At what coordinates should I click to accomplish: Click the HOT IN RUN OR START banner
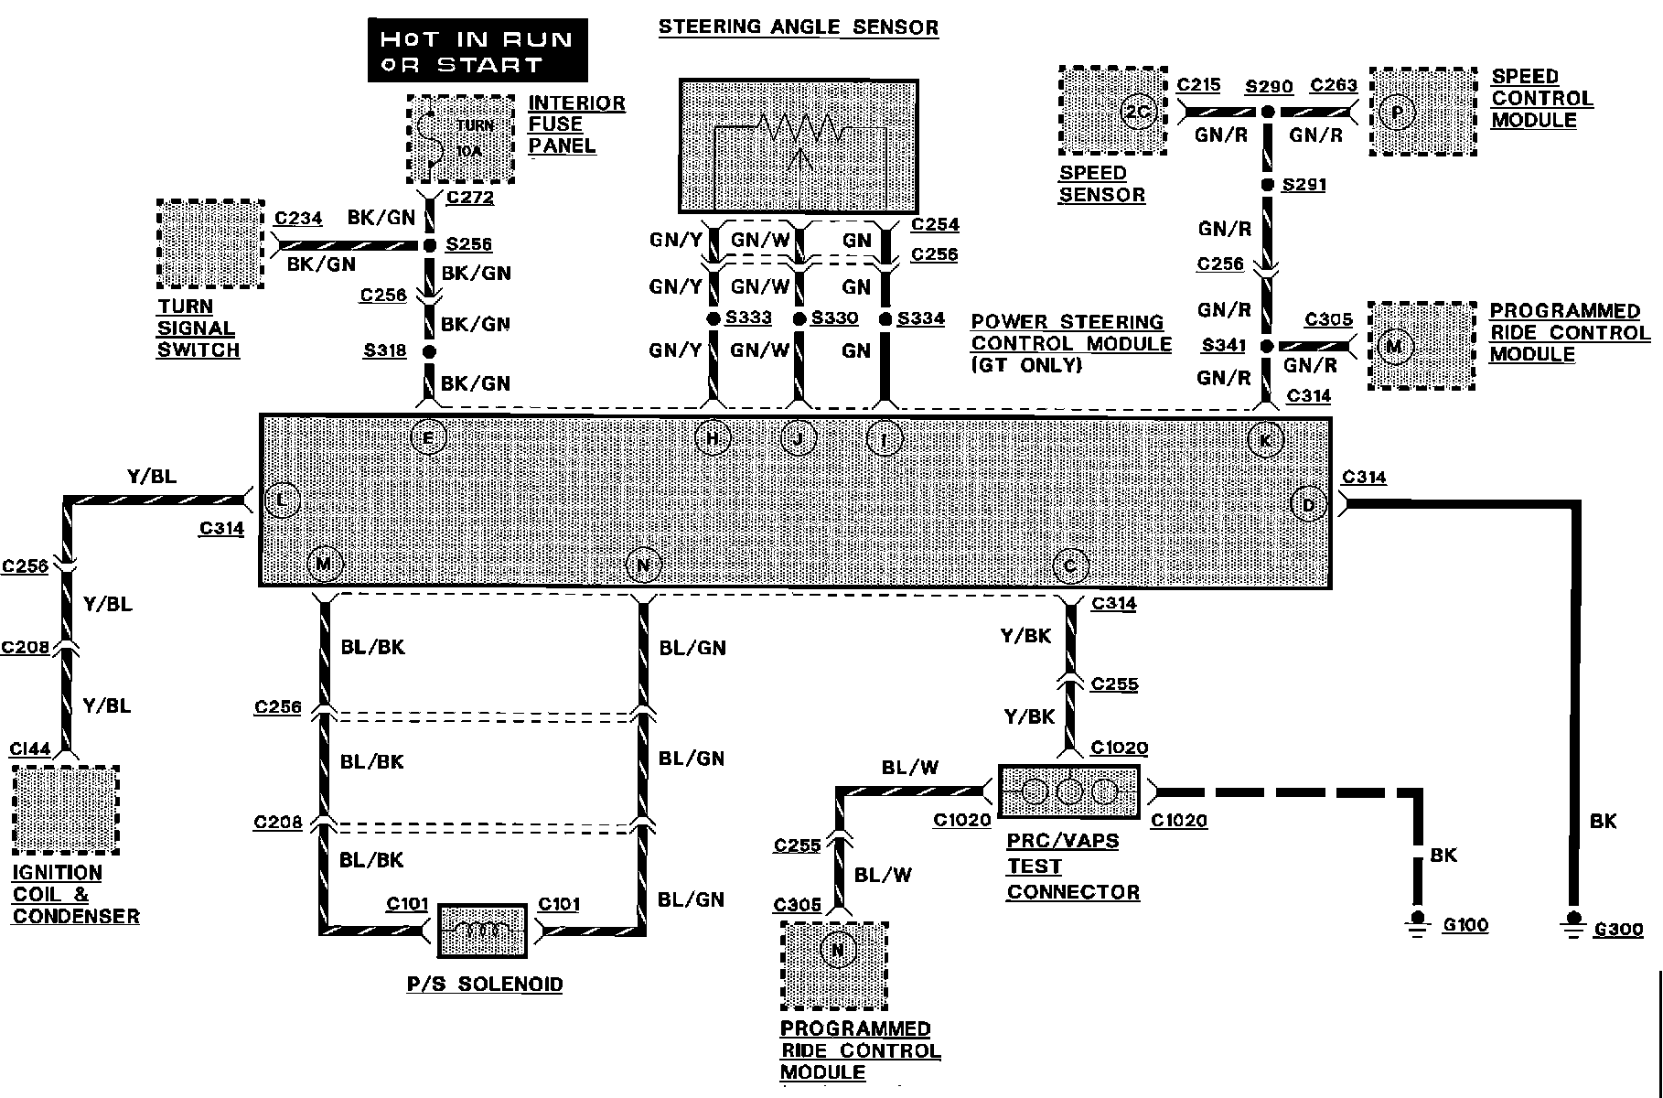[x=477, y=51]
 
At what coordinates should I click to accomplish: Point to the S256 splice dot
[x=428, y=245]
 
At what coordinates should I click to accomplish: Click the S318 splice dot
[x=428, y=351]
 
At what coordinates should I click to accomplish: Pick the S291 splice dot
[x=1268, y=186]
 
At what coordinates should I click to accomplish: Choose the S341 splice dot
[x=1268, y=347]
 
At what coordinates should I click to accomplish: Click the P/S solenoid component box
[x=482, y=931]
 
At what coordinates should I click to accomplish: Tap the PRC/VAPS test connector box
[x=1069, y=791]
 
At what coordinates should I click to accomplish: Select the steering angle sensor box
[x=799, y=146]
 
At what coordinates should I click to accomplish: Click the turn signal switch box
[x=210, y=244]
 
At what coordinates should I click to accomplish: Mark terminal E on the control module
[x=428, y=437]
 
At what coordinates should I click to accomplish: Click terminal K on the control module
[x=1266, y=440]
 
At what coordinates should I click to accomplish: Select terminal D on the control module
[x=1308, y=504]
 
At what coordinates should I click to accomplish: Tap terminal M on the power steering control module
[x=323, y=563]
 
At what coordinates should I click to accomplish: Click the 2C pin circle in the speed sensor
[x=1139, y=112]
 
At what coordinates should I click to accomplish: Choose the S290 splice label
[x=1269, y=87]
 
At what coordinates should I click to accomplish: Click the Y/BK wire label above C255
[x=1025, y=636]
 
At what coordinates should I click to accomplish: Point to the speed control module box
[x=1423, y=111]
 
